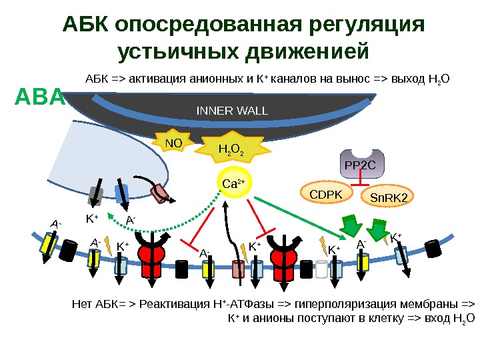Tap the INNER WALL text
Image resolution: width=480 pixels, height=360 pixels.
pos(231,110)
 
